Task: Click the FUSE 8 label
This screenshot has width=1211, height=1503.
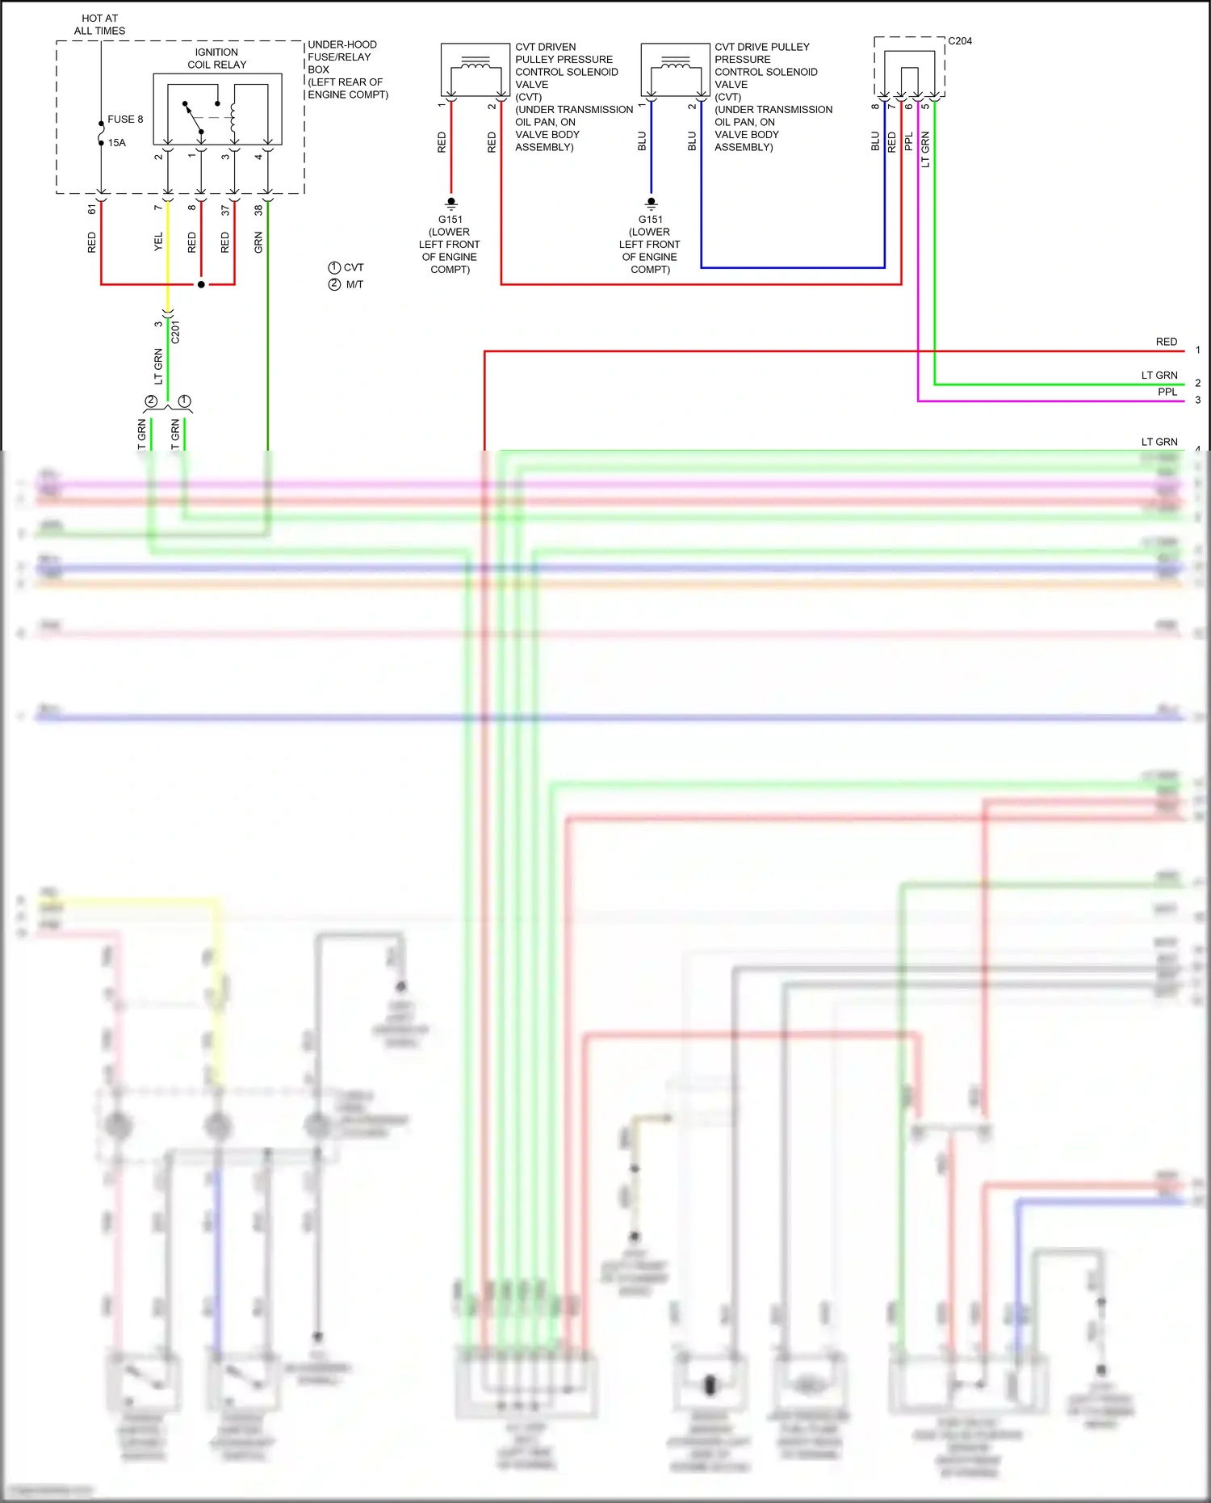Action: tap(125, 120)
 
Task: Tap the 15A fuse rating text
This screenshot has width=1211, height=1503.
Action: tap(117, 143)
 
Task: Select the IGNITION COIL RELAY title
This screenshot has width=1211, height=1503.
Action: tap(216, 58)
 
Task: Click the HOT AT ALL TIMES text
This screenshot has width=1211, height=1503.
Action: tap(100, 24)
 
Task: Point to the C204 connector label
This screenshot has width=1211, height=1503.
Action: tap(960, 41)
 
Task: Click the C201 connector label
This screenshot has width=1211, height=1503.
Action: tap(175, 332)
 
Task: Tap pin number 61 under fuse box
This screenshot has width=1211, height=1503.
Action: tap(92, 209)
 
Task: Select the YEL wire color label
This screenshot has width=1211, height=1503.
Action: tap(158, 241)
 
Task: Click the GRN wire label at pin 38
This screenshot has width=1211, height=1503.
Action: tap(258, 241)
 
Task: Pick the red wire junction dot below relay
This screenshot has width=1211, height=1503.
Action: tap(201, 284)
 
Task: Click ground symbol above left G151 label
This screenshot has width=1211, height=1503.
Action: tap(451, 203)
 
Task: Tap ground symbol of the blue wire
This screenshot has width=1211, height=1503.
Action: tap(652, 203)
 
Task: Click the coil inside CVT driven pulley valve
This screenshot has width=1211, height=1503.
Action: tap(475, 62)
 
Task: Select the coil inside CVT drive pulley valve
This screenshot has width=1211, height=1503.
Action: tap(675, 62)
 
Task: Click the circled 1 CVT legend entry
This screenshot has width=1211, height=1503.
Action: tap(346, 267)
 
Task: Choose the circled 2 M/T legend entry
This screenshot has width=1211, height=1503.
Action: tap(346, 284)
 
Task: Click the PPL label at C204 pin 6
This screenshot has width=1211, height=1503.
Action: tap(908, 141)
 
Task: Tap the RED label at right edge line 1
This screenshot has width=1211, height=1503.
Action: tap(1166, 342)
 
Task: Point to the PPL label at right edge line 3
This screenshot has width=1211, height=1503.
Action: tap(1167, 393)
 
